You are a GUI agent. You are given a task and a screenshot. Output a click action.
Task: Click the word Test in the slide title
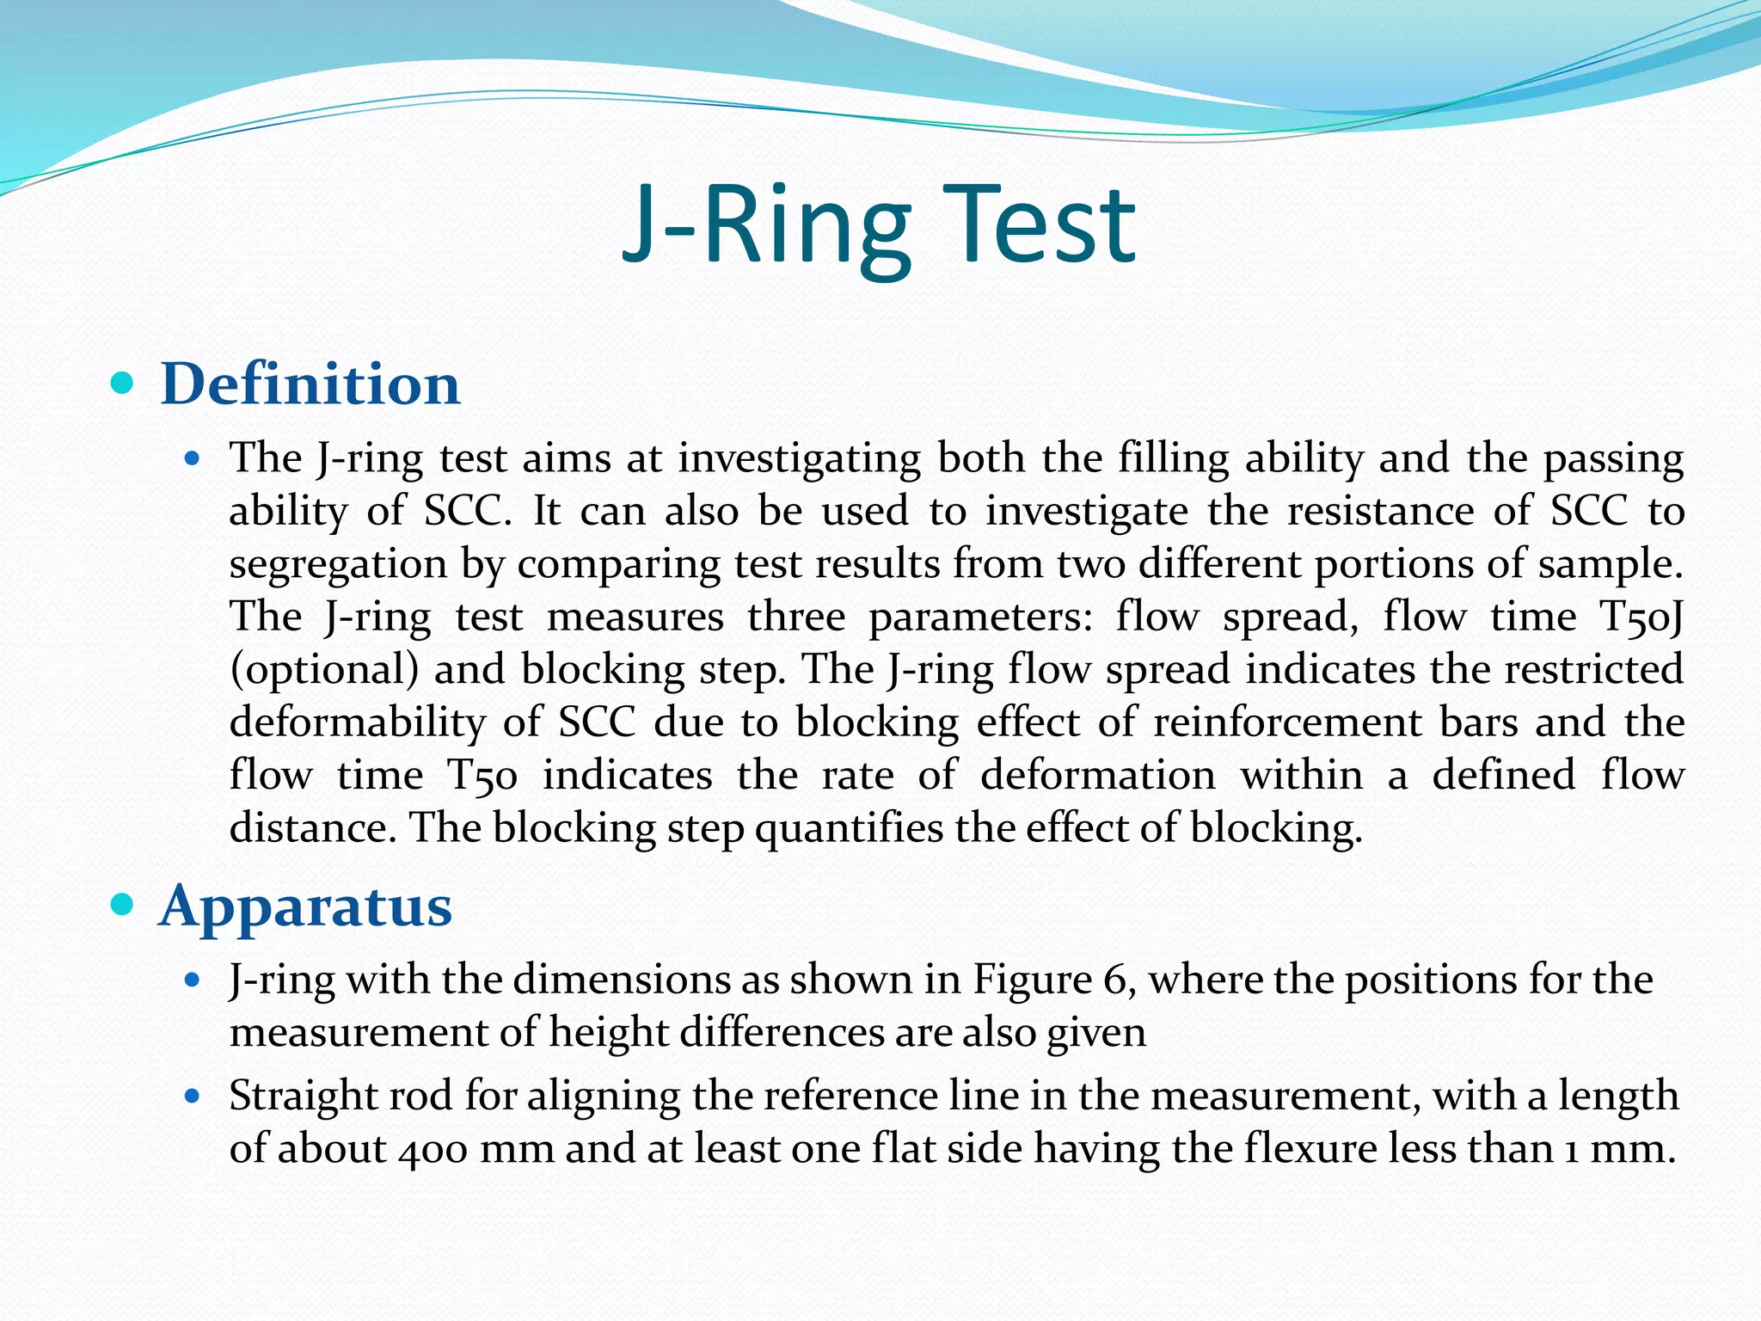click(x=1042, y=225)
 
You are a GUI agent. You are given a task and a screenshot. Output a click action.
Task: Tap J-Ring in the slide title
click(x=765, y=225)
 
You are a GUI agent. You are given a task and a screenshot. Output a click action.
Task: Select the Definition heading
click(x=310, y=384)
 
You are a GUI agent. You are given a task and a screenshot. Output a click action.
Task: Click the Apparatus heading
click(x=305, y=906)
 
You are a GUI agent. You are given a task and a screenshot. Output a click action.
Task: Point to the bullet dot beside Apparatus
click(x=123, y=904)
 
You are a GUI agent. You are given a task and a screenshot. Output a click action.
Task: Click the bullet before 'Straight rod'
click(x=193, y=1097)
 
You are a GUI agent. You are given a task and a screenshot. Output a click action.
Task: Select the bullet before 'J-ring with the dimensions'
click(x=193, y=980)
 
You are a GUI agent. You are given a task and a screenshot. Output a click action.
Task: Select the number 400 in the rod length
click(x=432, y=1149)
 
